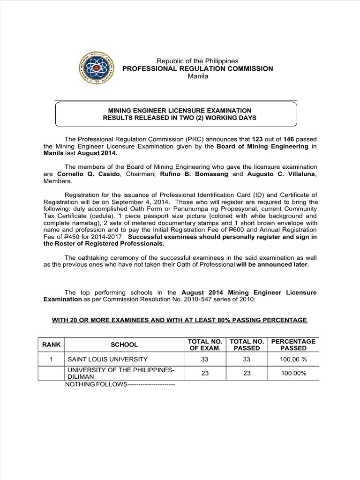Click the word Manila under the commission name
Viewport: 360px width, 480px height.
(x=197, y=76)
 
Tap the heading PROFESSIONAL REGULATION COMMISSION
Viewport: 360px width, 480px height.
(x=197, y=68)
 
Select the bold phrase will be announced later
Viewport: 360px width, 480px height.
(x=273, y=264)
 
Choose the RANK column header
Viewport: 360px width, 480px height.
(x=52, y=345)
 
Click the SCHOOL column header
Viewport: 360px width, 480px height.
(x=124, y=345)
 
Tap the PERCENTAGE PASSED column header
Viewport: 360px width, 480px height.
(x=293, y=345)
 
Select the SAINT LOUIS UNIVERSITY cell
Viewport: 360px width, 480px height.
(x=108, y=360)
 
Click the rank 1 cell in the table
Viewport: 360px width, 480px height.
(x=52, y=360)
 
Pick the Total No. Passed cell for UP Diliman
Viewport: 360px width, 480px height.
(x=247, y=374)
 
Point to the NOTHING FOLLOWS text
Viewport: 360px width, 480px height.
(x=121, y=385)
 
